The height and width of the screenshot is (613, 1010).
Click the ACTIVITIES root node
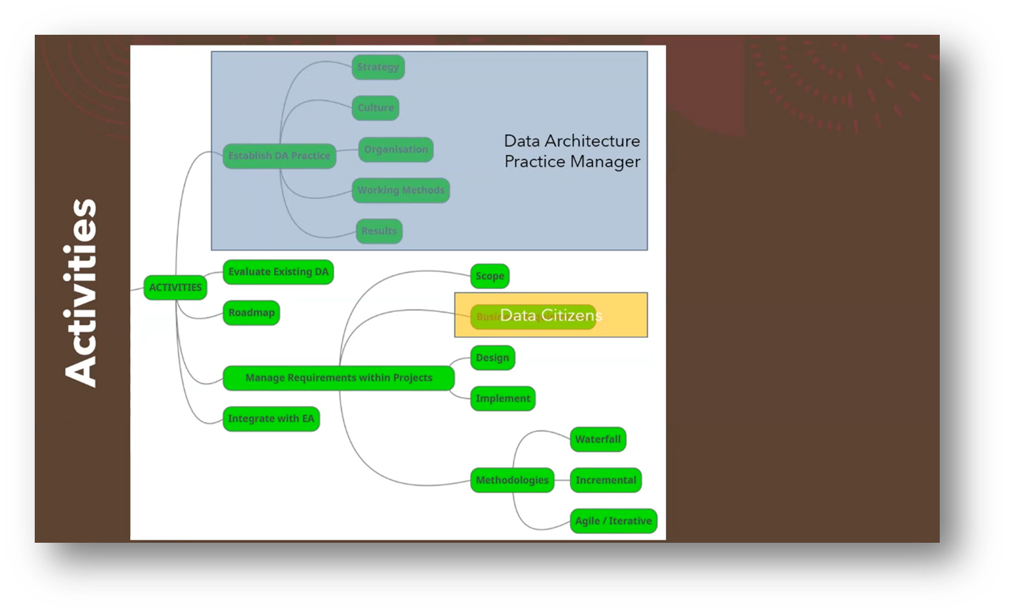[175, 288]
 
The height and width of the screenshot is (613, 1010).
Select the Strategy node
[378, 67]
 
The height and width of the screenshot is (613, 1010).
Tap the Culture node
[376, 108]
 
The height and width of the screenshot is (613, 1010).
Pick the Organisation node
[396, 149]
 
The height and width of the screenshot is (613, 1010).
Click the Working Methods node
[401, 190]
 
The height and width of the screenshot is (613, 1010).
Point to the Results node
[379, 231]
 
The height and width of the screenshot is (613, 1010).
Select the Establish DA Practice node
[279, 156]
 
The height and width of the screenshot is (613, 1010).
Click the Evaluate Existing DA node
[278, 272]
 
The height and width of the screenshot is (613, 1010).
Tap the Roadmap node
[251, 313]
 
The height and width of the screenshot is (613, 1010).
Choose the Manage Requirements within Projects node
[339, 378]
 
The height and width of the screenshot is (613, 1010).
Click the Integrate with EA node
[271, 419]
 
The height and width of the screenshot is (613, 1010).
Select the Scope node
[489, 277]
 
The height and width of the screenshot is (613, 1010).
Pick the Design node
[492, 358]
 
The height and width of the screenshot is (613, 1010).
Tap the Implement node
[503, 399]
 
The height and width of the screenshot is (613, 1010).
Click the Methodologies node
[512, 481]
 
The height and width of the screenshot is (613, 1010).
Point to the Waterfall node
[598, 439]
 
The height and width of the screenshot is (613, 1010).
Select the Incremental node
[606, 481]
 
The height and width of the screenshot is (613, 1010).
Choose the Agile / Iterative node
[613, 521]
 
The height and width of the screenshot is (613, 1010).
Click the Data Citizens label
[551, 316]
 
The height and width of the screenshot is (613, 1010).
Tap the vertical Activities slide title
[81, 292]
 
